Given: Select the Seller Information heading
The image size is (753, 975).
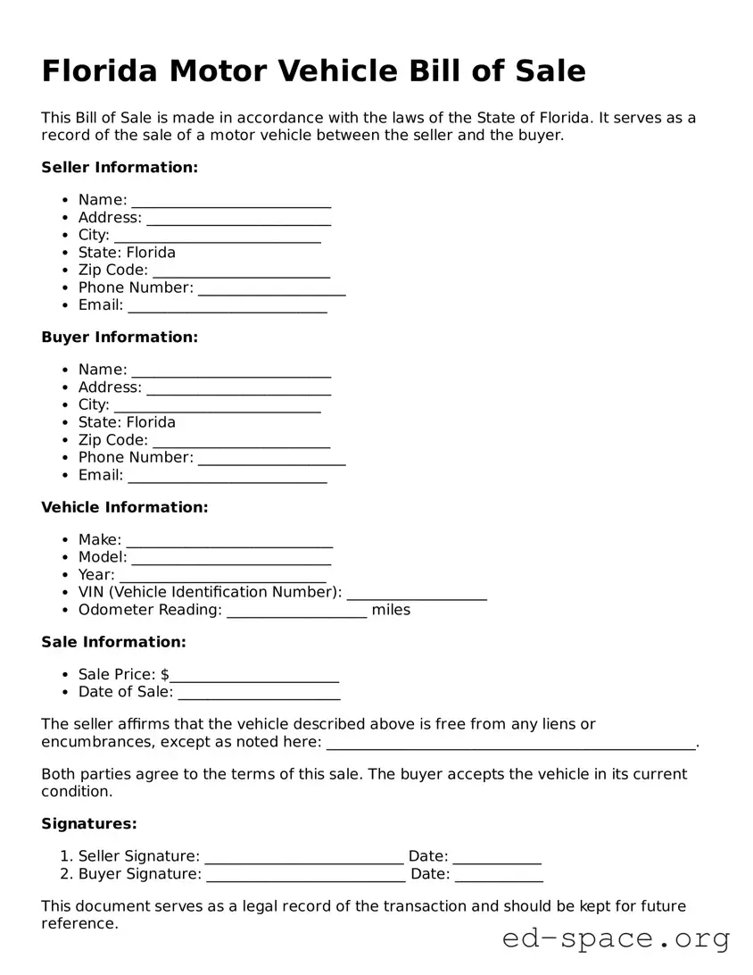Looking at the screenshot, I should (120, 168).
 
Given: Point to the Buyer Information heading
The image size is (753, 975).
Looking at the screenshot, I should (120, 337).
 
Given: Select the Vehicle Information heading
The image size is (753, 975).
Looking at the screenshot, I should (124, 507).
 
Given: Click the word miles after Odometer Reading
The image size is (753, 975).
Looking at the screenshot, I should (391, 611).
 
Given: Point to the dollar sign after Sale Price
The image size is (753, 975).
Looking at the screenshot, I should (166, 675).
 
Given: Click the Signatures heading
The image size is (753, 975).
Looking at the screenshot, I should (89, 824).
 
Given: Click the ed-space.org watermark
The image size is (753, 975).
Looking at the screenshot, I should (616, 939).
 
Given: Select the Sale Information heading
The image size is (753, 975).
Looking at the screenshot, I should (113, 642).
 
